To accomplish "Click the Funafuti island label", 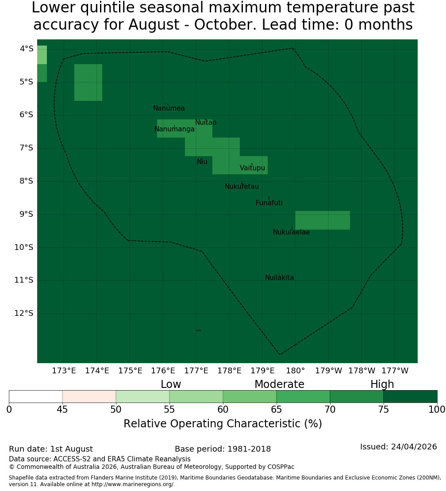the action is pos(269,203).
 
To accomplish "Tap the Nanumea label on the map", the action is pos(169,108).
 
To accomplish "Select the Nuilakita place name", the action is pos(279,278).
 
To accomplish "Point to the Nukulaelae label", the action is pos(291,232).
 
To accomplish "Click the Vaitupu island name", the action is pos(253,168).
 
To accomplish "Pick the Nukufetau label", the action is pos(242,187).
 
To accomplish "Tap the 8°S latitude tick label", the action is pos(26,181).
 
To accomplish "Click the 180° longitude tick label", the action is pos(296,371).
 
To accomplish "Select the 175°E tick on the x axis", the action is pos(130,371).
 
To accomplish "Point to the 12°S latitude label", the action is pos(24,313).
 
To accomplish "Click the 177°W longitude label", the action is pos(395,371).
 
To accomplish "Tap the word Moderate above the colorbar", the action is pos(279,384).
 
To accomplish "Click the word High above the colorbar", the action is pos(382,384).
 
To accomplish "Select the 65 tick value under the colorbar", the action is pos(276,410).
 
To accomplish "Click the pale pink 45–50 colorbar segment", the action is pos(89,396).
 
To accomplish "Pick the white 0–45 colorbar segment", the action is pos(36,396).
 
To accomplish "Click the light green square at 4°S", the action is pos(42,55).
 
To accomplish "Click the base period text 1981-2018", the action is pos(249,449).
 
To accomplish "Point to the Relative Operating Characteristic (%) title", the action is pos(223,424).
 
